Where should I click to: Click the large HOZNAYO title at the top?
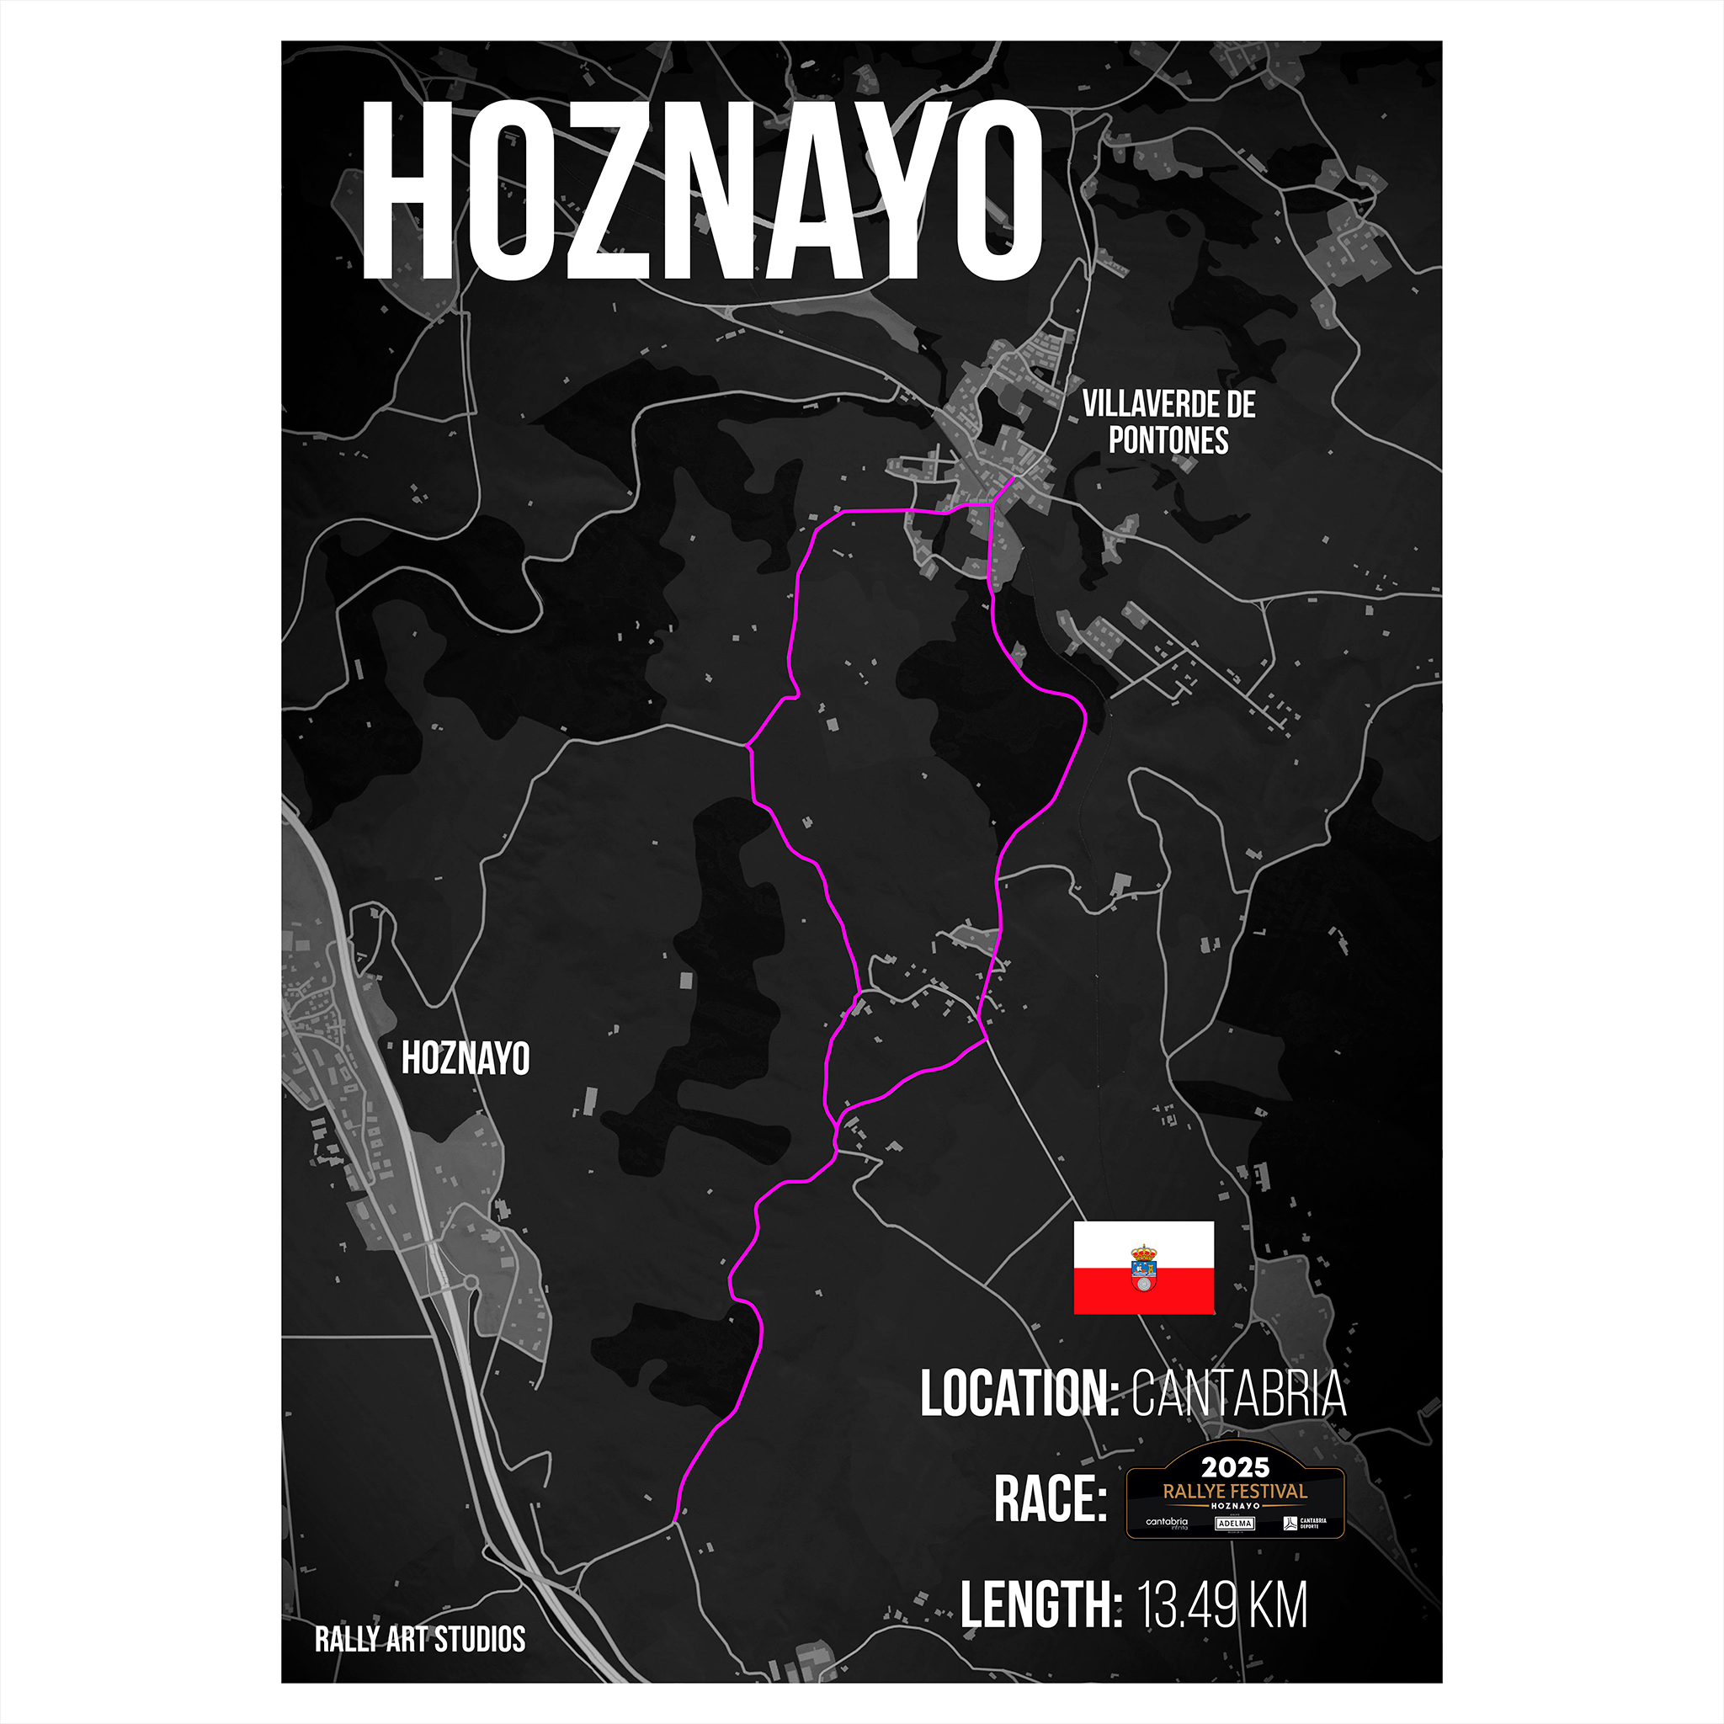tap(701, 189)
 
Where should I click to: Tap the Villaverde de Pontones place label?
tap(1168, 422)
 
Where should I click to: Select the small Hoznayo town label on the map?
tap(465, 1058)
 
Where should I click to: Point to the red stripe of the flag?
tap(1143, 1291)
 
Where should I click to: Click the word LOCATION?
tap(1019, 1393)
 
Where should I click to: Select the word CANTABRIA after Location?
tap(1238, 1393)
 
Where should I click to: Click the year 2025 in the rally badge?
tap(1235, 1468)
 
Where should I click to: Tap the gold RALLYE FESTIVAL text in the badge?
tap(1235, 1491)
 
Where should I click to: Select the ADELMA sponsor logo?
tap(1235, 1523)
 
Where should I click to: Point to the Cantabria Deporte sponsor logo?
tap(1305, 1523)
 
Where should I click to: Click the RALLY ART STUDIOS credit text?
tap(419, 1638)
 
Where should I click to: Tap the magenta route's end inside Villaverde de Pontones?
tap(1014, 479)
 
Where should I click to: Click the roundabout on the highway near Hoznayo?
tap(470, 1283)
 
